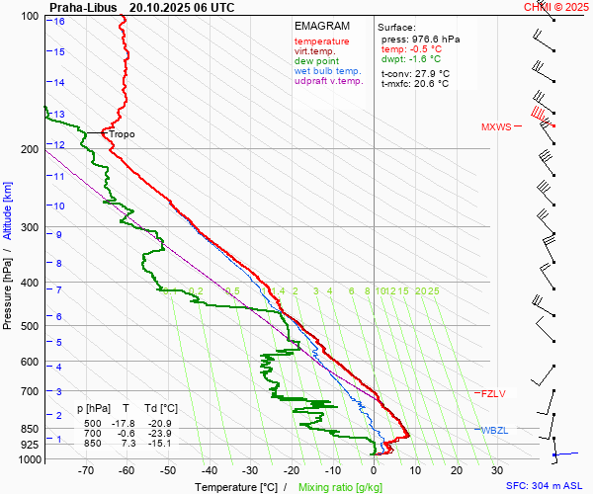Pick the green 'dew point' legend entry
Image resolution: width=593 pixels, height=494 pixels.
(317, 61)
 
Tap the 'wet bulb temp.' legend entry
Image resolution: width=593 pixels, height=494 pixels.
(328, 71)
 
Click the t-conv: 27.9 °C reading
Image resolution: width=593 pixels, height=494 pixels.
(415, 73)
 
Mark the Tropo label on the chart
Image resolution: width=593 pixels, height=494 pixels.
(122, 134)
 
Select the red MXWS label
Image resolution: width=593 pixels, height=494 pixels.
(497, 127)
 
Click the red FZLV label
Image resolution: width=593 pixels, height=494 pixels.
(493, 393)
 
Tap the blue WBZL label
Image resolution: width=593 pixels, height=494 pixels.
(493, 430)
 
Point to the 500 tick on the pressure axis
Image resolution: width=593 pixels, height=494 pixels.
(29, 326)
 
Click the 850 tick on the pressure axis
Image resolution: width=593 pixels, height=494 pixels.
(29, 430)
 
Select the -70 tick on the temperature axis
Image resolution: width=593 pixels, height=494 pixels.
(86, 471)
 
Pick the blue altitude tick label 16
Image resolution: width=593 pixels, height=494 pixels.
(60, 21)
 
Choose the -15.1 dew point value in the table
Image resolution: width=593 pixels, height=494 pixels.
(164, 444)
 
